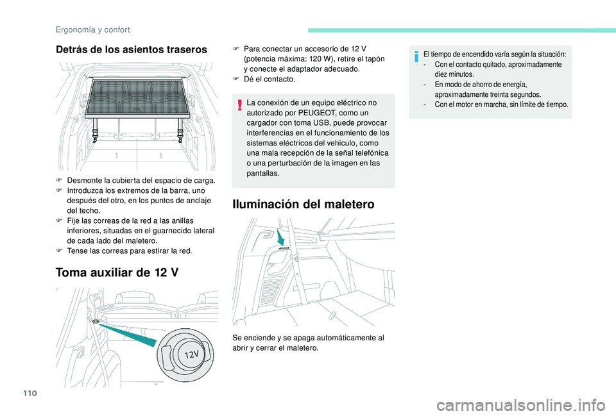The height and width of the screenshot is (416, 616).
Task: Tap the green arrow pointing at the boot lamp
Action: coord(280,237)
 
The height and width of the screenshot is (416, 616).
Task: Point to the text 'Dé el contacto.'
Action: coord(269,79)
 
